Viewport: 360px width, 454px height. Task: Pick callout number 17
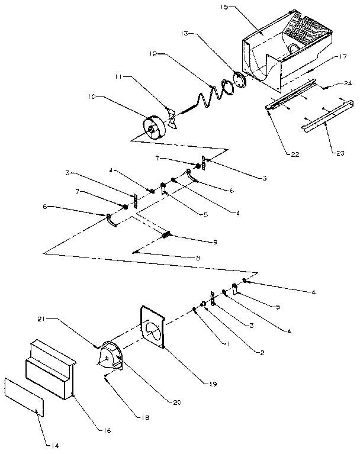[342, 57]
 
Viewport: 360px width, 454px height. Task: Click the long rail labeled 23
[323, 120]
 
